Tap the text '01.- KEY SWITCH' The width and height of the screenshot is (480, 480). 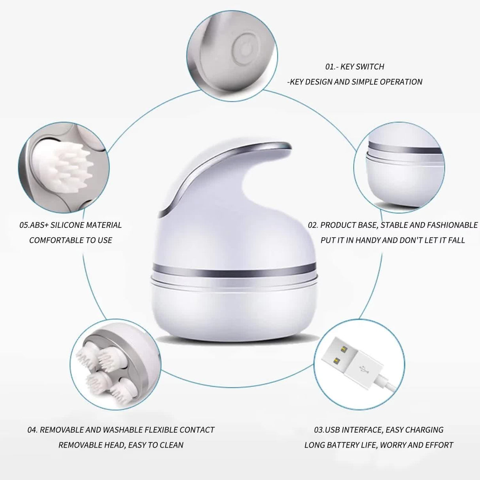pos(355,67)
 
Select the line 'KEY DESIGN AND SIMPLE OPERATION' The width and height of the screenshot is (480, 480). pos(355,82)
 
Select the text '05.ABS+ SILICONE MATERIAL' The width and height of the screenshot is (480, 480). pos(70,225)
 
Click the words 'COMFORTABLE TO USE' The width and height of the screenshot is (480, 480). pos(70,240)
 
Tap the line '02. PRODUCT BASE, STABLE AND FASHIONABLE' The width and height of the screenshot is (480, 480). pos(393,225)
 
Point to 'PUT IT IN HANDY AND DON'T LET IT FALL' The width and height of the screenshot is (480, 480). pos(393,240)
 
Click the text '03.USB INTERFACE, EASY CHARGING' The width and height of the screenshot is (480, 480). pos(379,429)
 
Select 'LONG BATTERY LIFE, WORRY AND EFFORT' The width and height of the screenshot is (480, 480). pos(379,445)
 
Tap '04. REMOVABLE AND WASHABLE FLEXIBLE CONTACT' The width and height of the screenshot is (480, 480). pos(121,429)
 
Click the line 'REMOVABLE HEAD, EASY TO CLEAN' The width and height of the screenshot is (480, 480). pos(121,445)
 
